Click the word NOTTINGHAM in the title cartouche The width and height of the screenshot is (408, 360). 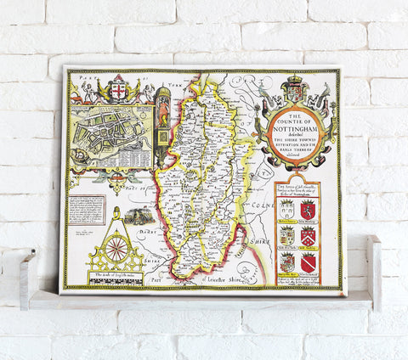pyautogui.click(x=294, y=129)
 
